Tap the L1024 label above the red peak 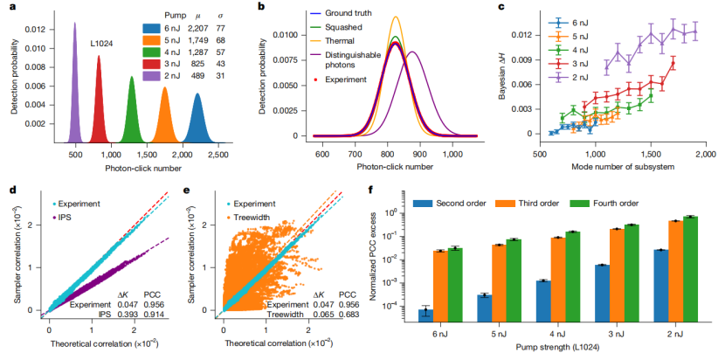pyautogui.click(x=100, y=45)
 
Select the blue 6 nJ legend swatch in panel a pyautogui.click(x=149, y=30)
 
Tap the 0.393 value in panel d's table pyautogui.click(x=121, y=314)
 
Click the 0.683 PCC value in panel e pyautogui.click(x=348, y=315)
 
